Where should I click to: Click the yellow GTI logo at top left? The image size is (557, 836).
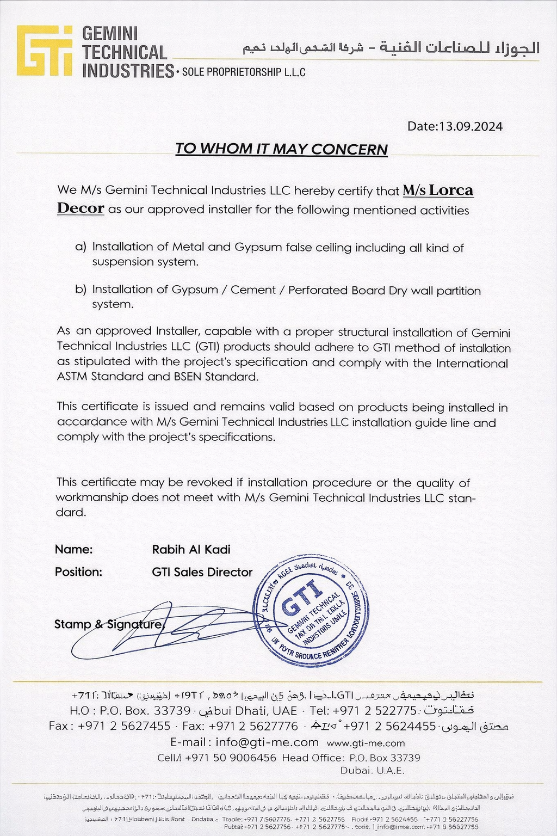(x=44, y=50)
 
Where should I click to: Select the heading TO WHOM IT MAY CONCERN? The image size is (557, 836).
(x=281, y=149)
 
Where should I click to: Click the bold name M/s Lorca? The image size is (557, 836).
(x=438, y=190)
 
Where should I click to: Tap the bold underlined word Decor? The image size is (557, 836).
(x=81, y=208)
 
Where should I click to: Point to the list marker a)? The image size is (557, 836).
(x=81, y=247)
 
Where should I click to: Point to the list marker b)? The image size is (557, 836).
(x=81, y=289)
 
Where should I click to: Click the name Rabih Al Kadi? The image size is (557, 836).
(x=191, y=550)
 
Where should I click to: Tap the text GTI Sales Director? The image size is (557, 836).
(x=202, y=573)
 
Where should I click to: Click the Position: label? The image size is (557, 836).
(x=78, y=573)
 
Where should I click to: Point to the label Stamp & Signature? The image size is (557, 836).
(x=108, y=624)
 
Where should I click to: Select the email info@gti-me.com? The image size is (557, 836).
(x=267, y=742)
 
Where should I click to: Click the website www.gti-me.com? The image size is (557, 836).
(x=366, y=743)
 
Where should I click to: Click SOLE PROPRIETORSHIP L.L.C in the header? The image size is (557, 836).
(x=244, y=72)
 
